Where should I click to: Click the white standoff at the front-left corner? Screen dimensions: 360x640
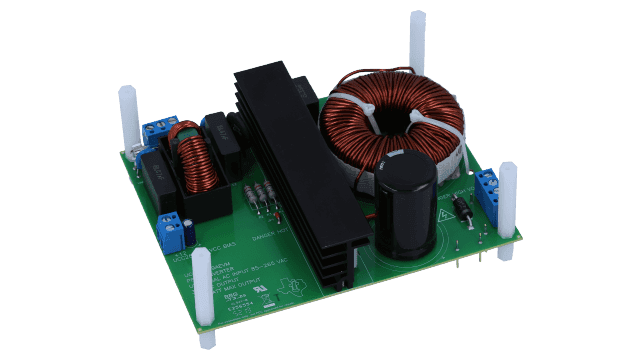tap(203, 289)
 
